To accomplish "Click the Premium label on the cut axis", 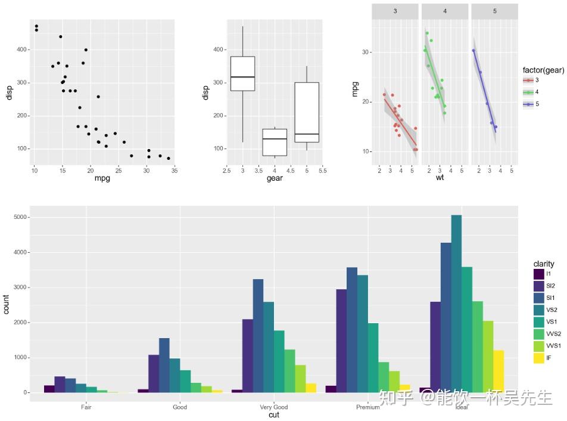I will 367,407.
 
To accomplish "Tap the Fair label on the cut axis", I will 86,407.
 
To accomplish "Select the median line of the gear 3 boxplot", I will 242,78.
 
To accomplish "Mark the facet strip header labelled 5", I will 494,11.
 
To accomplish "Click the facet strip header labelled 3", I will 395,11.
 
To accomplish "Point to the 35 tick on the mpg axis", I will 175,171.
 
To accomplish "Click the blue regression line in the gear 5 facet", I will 484,89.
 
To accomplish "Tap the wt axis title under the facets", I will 440,178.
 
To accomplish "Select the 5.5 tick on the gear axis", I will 322,171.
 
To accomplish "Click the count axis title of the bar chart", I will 7,304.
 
